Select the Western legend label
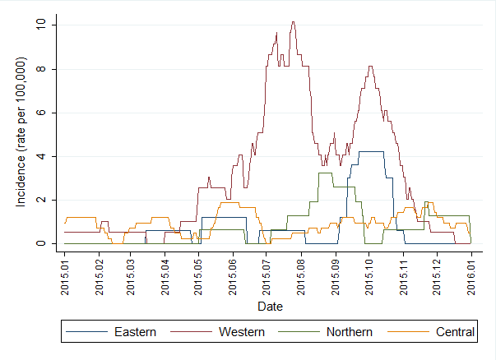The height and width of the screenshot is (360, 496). (x=242, y=332)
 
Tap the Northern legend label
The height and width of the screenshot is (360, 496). (x=350, y=332)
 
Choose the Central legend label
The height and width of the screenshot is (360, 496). (x=455, y=332)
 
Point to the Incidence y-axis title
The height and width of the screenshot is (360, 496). (x=22, y=132)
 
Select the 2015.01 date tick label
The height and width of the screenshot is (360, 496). (x=65, y=274)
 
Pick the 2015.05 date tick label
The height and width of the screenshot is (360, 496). (x=198, y=274)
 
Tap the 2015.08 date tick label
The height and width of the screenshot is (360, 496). (x=300, y=274)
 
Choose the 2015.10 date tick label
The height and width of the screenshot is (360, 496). (x=368, y=274)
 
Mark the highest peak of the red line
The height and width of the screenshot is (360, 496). (x=293, y=22)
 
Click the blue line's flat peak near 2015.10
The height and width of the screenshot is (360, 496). (x=370, y=151)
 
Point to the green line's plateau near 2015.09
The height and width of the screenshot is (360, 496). (x=324, y=173)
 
